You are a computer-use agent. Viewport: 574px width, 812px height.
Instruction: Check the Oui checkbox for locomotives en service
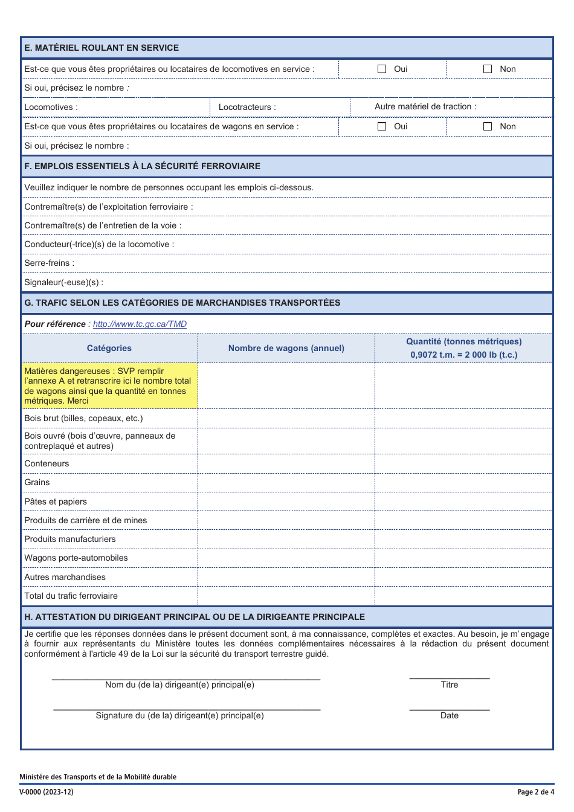(382, 69)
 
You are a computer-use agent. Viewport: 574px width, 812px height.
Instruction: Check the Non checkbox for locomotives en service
(488, 69)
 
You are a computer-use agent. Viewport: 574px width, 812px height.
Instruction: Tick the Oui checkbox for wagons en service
(382, 126)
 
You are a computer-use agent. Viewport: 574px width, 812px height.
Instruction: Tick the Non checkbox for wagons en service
(488, 126)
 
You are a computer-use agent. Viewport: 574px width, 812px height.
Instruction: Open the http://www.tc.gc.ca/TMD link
(140, 324)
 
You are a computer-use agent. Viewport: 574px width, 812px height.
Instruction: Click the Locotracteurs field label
(247, 107)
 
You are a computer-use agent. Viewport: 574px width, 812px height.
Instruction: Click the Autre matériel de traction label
(425, 106)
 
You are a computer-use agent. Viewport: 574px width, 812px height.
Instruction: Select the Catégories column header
(109, 348)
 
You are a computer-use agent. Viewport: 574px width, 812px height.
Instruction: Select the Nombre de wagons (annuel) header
(286, 348)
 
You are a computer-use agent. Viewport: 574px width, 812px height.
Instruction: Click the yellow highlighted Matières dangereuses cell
(109, 385)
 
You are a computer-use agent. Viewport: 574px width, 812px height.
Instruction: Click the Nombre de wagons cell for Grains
(286, 482)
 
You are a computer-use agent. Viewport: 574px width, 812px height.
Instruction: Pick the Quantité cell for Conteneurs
(463, 463)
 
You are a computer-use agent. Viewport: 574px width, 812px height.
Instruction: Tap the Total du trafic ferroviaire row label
(71, 596)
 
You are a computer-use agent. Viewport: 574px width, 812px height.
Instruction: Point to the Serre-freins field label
(50, 263)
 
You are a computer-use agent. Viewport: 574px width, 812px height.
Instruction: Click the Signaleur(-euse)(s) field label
(64, 282)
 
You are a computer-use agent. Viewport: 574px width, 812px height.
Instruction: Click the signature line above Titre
(449, 678)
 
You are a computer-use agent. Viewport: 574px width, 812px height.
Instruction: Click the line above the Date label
(449, 709)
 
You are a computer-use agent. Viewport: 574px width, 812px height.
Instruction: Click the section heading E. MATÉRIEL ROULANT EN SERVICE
(102, 48)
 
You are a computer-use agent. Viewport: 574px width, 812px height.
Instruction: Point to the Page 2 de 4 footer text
(535, 792)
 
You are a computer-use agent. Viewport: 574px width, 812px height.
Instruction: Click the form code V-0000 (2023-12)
(47, 792)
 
